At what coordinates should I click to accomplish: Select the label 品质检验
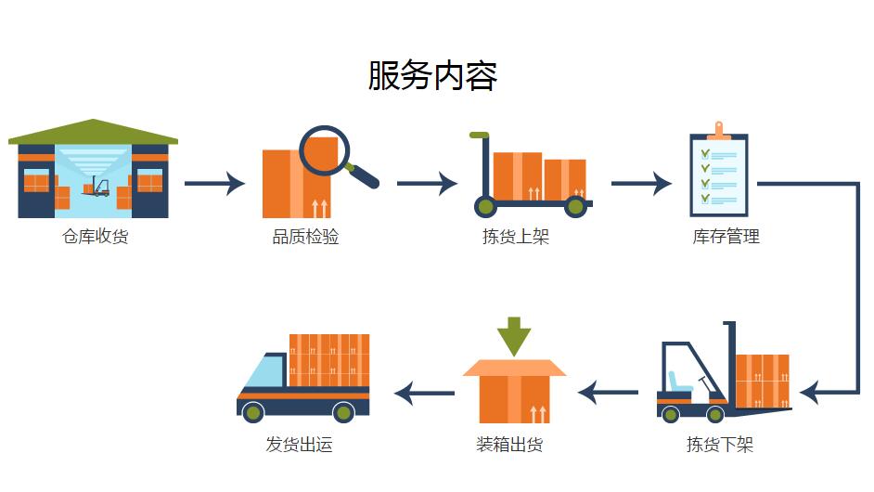[305, 237]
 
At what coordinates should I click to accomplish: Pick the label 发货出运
[299, 445]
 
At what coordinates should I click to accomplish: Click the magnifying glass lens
[324, 150]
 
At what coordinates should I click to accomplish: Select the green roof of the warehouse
[93, 133]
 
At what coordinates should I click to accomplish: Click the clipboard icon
[718, 172]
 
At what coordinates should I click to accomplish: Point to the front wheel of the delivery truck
[253, 412]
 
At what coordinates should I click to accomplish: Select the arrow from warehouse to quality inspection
[214, 183]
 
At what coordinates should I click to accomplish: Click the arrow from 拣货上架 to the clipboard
[640, 183]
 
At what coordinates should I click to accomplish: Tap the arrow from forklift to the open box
[609, 393]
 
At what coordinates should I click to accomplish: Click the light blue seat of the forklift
[675, 382]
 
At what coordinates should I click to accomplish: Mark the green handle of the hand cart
[479, 136]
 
